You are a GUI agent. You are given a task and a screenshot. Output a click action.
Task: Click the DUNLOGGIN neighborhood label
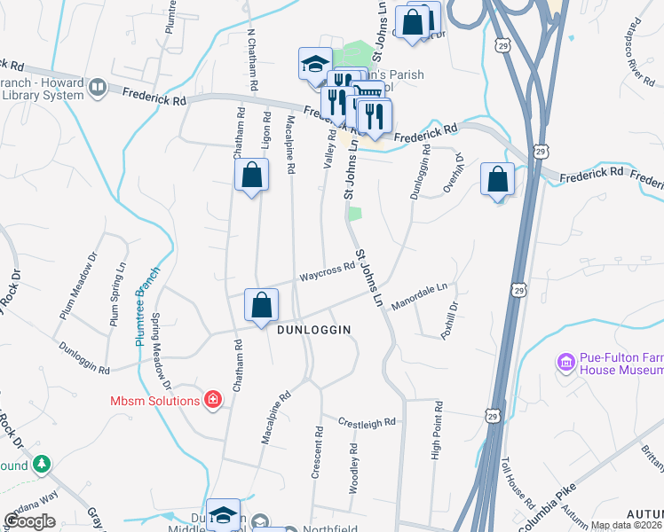point(314,330)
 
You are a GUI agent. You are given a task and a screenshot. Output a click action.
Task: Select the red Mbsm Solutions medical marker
point(213,401)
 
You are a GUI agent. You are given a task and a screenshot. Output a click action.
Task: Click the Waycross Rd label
point(326,272)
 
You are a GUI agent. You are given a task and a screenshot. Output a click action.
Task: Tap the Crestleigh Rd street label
point(366,423)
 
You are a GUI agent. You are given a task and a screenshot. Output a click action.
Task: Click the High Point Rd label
point(437,430)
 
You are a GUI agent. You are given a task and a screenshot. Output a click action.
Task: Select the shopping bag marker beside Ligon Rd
point(251,175)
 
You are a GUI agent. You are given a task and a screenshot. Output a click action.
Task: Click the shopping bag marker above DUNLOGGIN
point(262,307)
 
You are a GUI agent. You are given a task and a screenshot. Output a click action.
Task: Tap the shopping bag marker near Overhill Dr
point(497,179)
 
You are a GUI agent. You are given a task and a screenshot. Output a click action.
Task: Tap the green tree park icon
point(41,465)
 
